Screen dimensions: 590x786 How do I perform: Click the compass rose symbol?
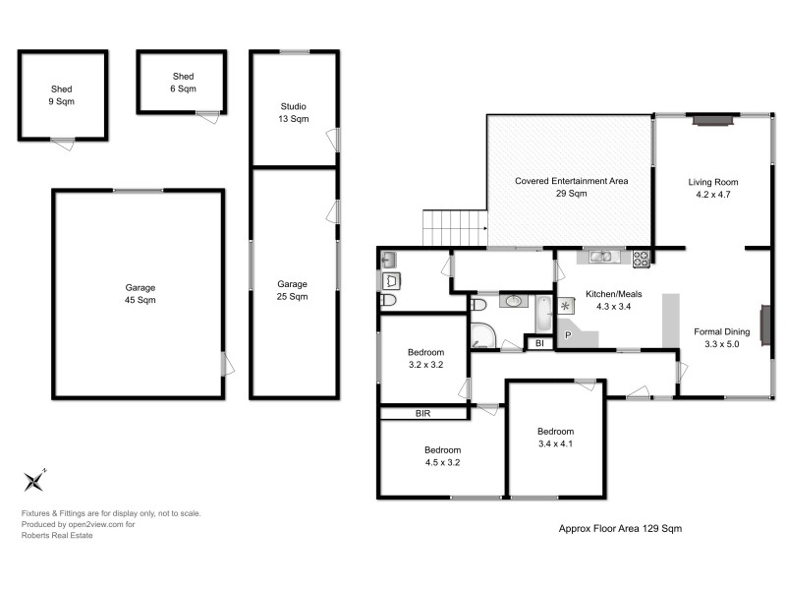pyautogui.click(x=35, y=480)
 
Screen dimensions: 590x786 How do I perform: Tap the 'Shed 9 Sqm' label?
pyautogui.click(x=62, y=94)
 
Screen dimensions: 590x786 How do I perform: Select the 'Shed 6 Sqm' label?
pyautogui.click(x=183, y=83)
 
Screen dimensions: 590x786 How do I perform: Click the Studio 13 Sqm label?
pyautogui.click(x=293, y=112)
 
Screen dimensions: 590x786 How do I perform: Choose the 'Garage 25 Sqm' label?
pyautogui.click(x=293, y=290)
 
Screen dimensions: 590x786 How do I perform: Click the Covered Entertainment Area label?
pyautogui.click(x=571, y=187)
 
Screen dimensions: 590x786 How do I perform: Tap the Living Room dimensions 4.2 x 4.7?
pyautogui.click(x=712, y=195)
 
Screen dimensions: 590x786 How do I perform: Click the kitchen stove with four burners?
pyautogui.click(x=641, y=259)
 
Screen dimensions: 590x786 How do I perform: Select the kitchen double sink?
pyautogui.click(x=602, y=258)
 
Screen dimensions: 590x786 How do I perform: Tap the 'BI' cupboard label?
pyautogui.click(x=538, y=343)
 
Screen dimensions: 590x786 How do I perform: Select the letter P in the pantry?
pyautogui.click(x=567, y=335)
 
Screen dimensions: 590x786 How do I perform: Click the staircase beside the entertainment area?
pyautogui.click(x=455, y=228)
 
